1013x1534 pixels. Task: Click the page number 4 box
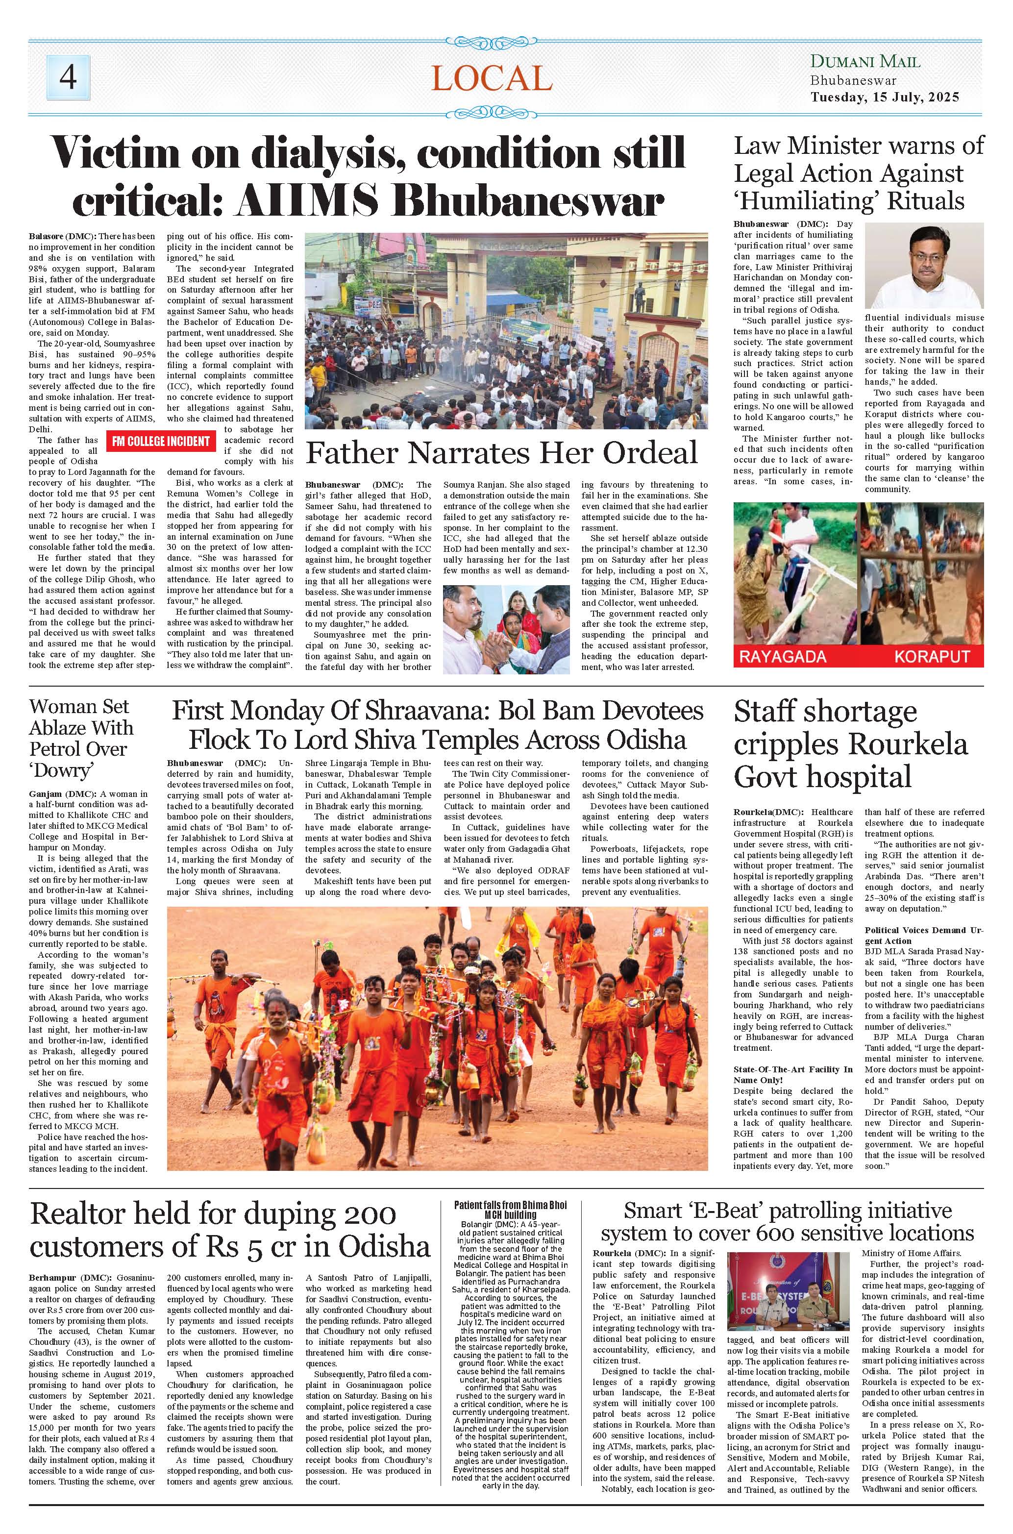pos(68,78)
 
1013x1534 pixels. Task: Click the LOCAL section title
pos(492,80)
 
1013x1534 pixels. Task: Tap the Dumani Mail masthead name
pos(865,63)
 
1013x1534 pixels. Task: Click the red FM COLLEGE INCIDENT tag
pos(161,441)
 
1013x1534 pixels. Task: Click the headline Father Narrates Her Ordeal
pos(501,453)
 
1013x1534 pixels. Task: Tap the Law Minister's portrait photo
pos(924,266)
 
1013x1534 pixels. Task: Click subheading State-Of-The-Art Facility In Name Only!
pos(792,1075)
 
